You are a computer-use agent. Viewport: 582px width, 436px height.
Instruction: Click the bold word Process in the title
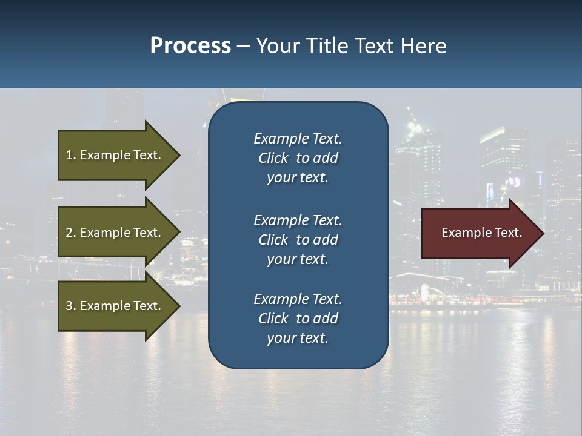point(190,46)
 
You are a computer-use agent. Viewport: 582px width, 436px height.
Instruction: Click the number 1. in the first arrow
point(71,155)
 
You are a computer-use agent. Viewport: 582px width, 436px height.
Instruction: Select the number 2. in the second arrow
point(71,233)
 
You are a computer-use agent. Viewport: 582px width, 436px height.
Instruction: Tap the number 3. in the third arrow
point(71,306)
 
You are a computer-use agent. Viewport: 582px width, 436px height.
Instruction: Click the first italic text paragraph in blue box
point(298,158)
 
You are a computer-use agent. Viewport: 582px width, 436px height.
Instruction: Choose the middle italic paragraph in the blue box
point(298,239)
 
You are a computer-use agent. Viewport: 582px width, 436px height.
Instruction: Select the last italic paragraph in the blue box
point(298,319)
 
